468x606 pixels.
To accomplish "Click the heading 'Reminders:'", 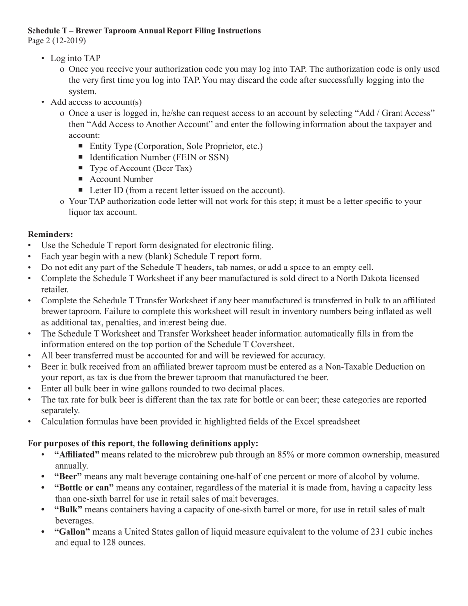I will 50,234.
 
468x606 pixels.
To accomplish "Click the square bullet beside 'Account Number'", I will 81,179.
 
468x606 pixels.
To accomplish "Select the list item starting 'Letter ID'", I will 187,190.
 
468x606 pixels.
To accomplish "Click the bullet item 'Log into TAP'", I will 75,58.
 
